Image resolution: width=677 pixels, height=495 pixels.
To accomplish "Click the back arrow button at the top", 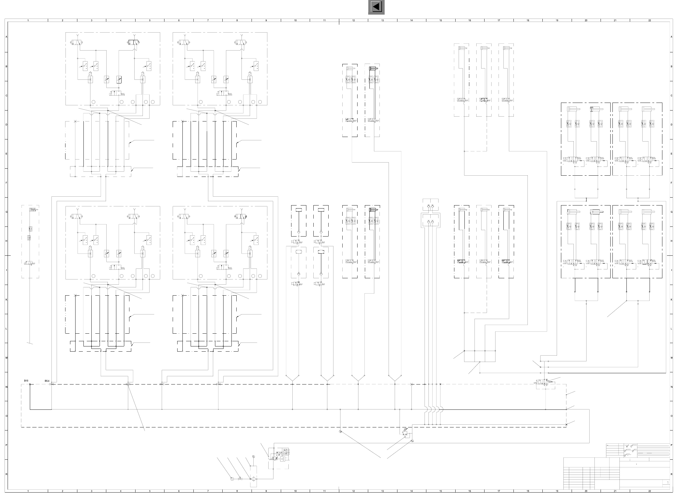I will tap(376, 7).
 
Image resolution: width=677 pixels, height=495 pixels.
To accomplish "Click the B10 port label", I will tap(26, 381).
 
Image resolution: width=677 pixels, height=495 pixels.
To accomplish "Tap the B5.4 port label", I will tap(47, 381).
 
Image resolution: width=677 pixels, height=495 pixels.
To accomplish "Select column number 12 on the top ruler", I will tap(353, 20).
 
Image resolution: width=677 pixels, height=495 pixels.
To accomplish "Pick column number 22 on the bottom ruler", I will tap(650, 491).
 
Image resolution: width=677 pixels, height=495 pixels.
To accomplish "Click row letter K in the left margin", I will tap(6, 300).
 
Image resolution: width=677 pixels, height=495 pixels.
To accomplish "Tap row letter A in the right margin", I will tap(672, 37).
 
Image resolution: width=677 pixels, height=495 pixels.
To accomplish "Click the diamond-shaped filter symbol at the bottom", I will tap(253, 479).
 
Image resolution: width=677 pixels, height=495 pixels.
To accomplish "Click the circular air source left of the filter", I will tap(232, 479).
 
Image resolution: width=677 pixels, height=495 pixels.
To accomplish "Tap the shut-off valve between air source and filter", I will tap(240, 479).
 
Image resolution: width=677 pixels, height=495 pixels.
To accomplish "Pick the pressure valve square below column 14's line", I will tap(405, 433).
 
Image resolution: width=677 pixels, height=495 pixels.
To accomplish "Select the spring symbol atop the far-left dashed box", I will tap(33, 210).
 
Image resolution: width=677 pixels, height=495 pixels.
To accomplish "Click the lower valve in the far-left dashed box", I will tap(30, 263).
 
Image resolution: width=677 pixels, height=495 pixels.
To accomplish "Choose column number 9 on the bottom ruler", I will tap(266, 491).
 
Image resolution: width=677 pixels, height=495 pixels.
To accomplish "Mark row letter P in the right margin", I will tap(672, 445).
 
